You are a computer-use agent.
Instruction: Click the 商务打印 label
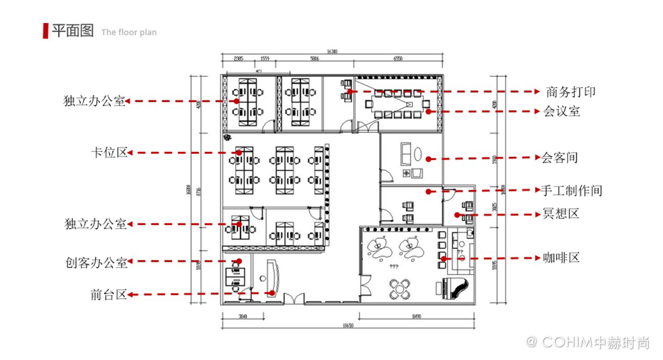coord(570,92)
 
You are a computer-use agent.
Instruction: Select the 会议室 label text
coord(562,111)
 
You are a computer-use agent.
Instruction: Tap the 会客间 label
coord(559,158)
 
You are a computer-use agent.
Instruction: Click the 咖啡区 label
coord(561,258)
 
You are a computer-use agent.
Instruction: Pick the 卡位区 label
coord(109,153)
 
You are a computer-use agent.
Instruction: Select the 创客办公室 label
coord(96,262)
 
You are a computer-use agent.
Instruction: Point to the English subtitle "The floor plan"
coord(129,32)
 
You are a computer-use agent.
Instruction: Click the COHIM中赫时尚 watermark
coord(589,342)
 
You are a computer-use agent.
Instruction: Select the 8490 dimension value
coord(418,316)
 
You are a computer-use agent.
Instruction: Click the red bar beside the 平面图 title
coord(45,31)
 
